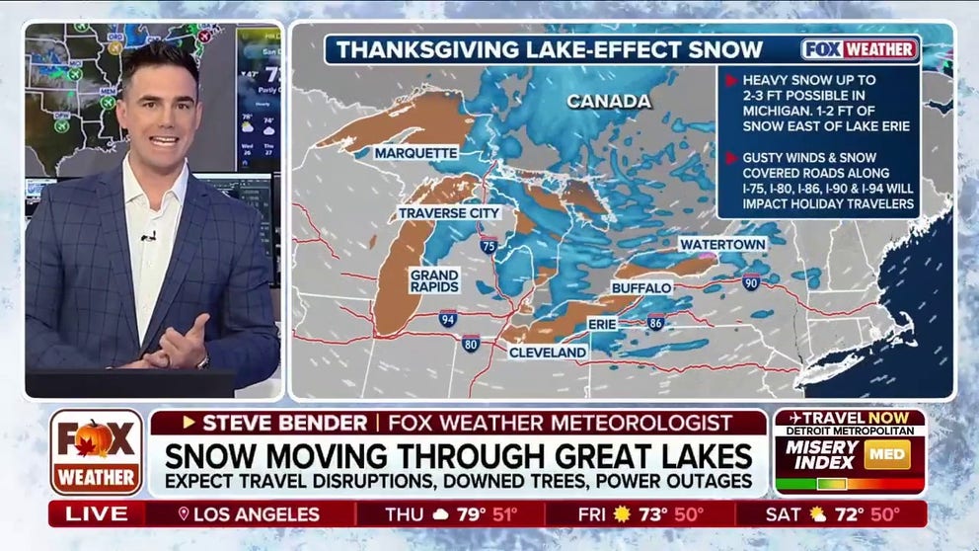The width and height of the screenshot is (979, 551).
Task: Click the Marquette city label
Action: (416, 153)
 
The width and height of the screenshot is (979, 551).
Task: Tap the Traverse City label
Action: (449, 212)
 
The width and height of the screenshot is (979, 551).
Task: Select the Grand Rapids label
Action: (434, 280)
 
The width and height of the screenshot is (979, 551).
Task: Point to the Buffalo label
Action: (641, 287)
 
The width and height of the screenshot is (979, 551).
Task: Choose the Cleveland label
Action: (548, 352)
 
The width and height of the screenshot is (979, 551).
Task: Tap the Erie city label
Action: (602, 323)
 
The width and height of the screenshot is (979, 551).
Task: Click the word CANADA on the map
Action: (608, 102)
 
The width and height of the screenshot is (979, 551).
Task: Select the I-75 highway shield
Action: (489, 245)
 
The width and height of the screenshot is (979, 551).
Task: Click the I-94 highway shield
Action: (448, 318)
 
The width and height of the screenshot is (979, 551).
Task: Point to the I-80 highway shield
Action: (470, 344)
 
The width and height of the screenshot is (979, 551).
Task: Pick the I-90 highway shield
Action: (751, 281)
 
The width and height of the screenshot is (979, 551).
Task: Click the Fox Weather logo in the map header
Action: (859, 49)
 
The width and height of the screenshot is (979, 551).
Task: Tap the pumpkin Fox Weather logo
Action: (96, 451)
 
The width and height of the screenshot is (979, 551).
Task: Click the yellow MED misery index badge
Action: (886, 453)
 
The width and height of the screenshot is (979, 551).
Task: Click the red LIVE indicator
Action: (97, 513)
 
